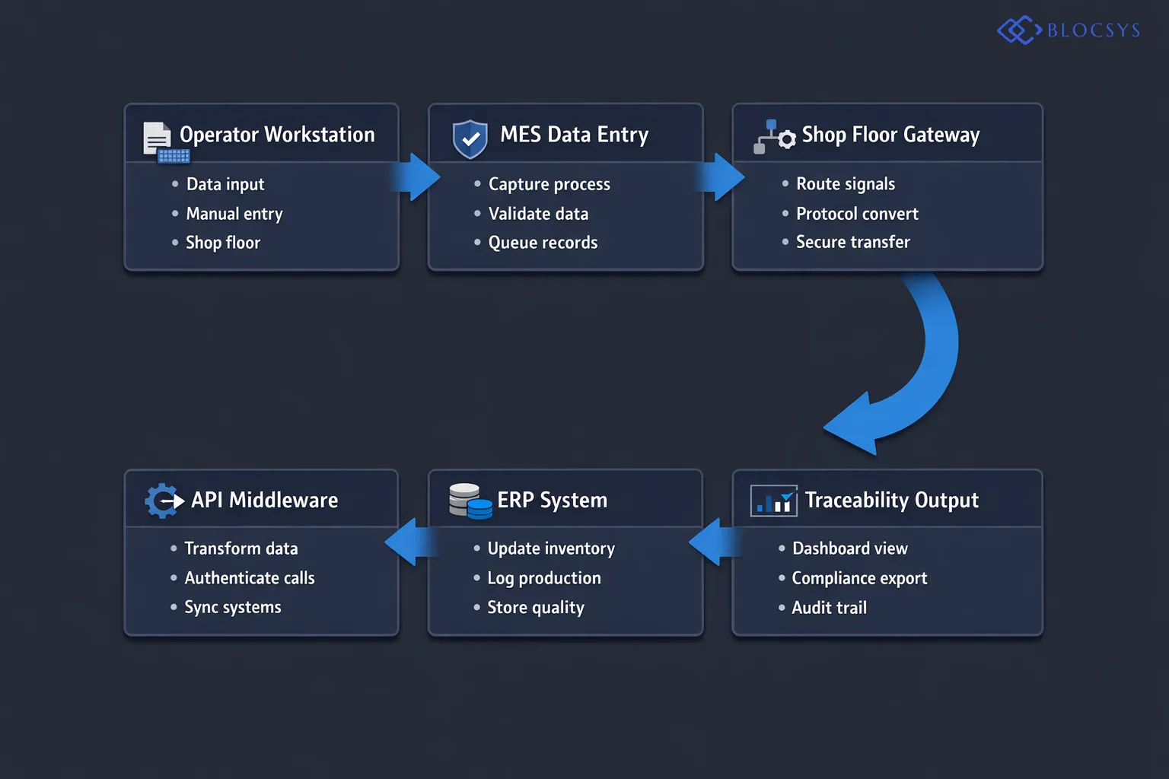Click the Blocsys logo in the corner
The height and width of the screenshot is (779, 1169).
[x=1069, y=30]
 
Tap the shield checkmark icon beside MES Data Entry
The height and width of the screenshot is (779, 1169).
[x=470, y=138]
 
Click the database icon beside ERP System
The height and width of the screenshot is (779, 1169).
[x=470, y=501]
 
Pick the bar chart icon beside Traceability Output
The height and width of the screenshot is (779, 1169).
[x=774, y=501]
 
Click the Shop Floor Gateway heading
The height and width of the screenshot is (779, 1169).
[x=890, y=135]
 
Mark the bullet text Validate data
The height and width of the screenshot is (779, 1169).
[x=538, y=214]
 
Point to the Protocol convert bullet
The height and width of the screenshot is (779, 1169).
[x=857, y=214]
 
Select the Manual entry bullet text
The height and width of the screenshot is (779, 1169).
[x=234, y=214]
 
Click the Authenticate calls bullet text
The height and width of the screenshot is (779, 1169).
[x=250, y=578]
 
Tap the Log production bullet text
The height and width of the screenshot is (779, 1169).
[x=544, y=578]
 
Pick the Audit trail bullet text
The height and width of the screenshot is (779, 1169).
[x=829, y=608]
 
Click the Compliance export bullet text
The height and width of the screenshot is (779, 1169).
[x=859, y=578]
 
